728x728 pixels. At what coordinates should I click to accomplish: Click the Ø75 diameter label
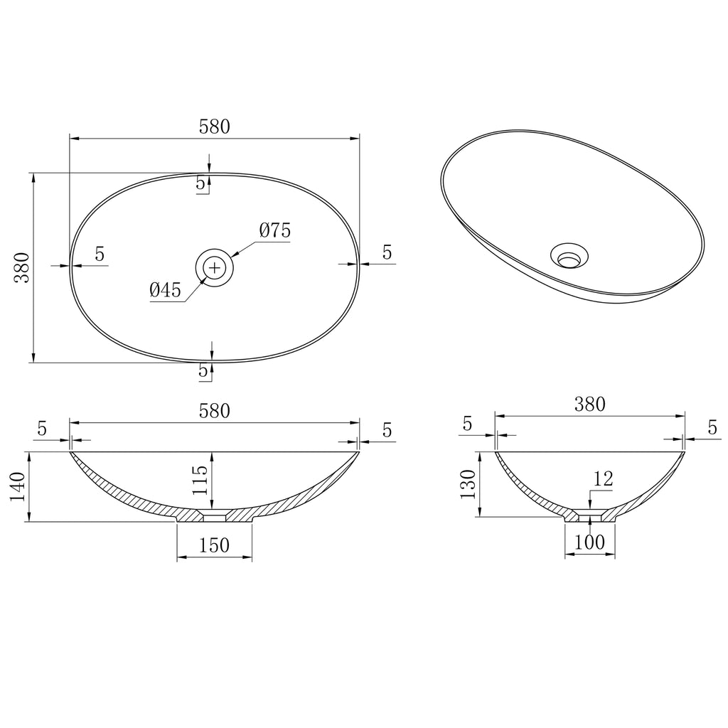[275, 230]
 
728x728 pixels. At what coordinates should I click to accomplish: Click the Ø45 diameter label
[165, 290]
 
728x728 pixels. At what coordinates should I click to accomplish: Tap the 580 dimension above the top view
[215, 127]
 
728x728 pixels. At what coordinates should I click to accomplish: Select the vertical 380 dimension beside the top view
[22, 267]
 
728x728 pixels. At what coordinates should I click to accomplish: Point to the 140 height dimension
[18, 486]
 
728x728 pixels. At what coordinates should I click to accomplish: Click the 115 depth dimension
[199, 480]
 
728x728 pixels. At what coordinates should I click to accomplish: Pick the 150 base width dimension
[214, 545]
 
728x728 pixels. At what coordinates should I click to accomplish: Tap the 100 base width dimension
[589, 542]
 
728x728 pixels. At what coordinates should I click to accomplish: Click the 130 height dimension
[468, 484]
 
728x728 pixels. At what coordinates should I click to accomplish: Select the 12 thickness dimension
[603, 478]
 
